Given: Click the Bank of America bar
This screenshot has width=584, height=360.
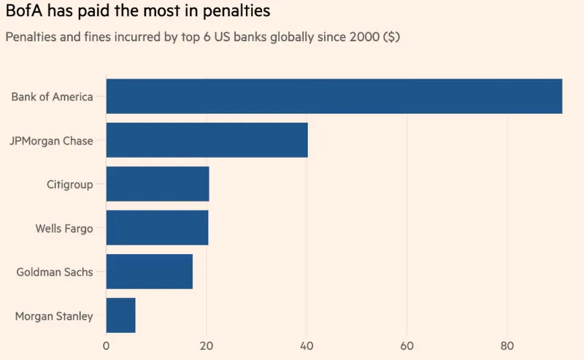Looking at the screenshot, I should point(334,96).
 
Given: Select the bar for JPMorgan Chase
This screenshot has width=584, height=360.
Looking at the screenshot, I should point(207,140).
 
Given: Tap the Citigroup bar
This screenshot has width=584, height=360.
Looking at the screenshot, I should point(158,184).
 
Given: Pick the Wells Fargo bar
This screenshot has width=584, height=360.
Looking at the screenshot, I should point(157,228).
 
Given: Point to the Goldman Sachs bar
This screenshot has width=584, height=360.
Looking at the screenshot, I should point(150,272).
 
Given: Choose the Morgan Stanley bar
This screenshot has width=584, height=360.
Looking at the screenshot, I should point(121,315).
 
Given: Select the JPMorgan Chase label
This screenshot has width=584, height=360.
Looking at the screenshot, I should point(51,141).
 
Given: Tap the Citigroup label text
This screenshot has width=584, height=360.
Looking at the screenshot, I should point(70,185).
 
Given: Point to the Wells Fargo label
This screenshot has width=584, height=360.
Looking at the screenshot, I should point(64,229).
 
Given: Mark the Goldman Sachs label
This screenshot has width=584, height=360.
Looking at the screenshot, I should point(55,272).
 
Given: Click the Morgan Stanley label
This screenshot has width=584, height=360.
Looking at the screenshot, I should point(54,316).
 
